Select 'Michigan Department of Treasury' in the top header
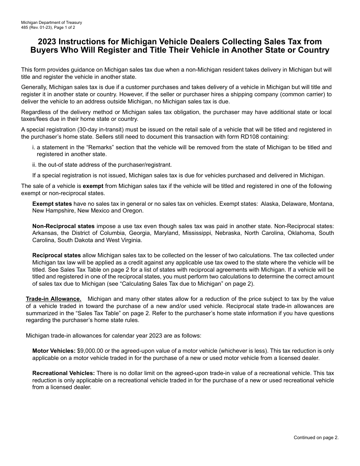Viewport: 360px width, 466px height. (x=52, y=22)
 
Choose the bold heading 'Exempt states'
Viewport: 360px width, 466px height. (x=52, y=204)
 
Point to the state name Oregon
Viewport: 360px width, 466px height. (x=134, y=211)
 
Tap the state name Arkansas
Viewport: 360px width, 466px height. (x=44, y=233)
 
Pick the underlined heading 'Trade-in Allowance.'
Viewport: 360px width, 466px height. (x=53, y=288)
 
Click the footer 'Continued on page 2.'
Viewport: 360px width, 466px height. (x=316, y=438)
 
